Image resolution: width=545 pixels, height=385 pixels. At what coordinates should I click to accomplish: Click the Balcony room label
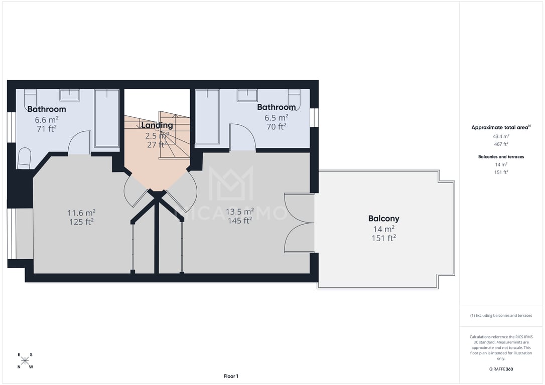384,219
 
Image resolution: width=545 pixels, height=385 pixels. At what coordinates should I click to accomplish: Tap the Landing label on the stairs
157,125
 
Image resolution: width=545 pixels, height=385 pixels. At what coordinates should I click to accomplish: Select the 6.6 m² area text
47,120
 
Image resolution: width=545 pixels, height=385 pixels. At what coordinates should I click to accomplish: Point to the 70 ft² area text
277,127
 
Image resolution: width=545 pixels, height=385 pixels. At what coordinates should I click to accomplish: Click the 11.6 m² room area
81,213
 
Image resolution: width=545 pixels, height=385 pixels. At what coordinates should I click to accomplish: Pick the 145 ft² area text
240,221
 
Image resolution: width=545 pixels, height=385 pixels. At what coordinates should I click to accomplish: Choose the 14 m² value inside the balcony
384,229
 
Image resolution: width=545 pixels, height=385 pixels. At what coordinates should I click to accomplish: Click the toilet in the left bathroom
24,158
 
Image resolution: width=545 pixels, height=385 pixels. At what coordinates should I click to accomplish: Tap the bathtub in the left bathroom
107,118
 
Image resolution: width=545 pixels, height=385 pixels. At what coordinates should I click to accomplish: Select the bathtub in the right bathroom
207,116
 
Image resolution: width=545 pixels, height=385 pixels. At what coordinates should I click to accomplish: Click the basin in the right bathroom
247,95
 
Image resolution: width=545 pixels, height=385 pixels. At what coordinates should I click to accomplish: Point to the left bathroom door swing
79,142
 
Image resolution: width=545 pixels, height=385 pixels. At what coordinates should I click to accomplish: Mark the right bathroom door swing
242,137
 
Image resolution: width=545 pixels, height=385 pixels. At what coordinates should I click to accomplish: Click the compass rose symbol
25,361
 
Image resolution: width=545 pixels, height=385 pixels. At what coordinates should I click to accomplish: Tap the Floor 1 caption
231,376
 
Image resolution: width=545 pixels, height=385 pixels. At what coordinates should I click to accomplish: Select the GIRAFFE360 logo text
501,369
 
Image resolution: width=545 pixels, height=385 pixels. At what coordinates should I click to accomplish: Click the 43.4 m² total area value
501,136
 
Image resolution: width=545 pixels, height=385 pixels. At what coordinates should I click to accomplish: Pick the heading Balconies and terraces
501,156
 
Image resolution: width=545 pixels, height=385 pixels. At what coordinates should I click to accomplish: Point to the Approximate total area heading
501,127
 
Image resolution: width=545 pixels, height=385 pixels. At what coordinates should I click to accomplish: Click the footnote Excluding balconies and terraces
501,315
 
